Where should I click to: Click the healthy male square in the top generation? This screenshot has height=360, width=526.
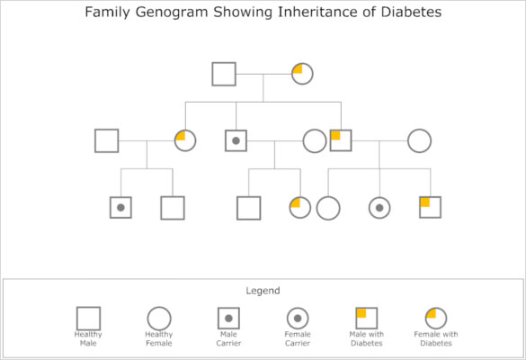click(x=224, y=74)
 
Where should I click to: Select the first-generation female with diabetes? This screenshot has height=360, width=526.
click(x=302, y=74)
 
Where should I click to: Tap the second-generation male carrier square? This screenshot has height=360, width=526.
click(x=236, y=141)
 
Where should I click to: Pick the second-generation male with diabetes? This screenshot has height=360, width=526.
click(x=341, y=141)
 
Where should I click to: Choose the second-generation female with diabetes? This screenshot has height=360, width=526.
click(x=185, y=141)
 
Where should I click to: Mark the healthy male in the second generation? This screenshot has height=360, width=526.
click(x=107, y=141)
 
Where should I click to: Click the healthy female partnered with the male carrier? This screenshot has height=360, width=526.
click(x=315, y=141)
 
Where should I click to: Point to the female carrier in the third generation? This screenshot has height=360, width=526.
click(x=379, y=208)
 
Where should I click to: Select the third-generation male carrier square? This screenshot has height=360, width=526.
click(x=120, y=208)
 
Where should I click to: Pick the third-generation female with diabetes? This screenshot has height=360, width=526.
click(x=300, y=208)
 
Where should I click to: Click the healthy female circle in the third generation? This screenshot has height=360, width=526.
click(x=328, y=208)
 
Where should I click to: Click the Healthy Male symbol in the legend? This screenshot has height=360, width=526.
click(x=88, y=319)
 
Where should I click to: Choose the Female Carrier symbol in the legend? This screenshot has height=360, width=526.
click(x=298, y=319)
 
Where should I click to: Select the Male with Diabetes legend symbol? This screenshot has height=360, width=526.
click(x=366, y=319)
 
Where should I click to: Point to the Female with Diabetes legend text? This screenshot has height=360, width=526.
click(x=436, y=338)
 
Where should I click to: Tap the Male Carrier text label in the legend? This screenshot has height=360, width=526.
click(x=228, y=338)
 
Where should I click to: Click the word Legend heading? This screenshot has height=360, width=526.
click(x=263, y=291)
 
